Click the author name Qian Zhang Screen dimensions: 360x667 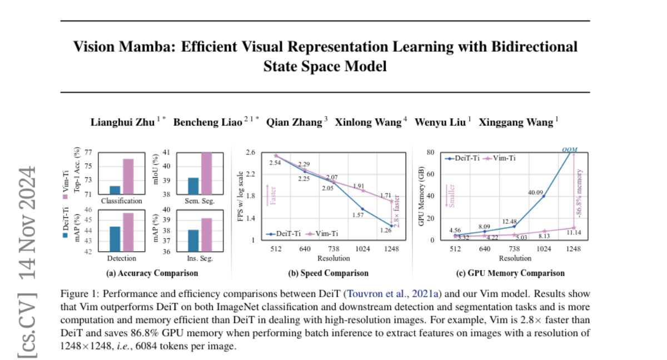coord(293,122)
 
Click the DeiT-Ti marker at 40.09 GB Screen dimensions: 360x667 coord(543,196)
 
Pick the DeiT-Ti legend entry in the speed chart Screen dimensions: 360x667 coord(286,234)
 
